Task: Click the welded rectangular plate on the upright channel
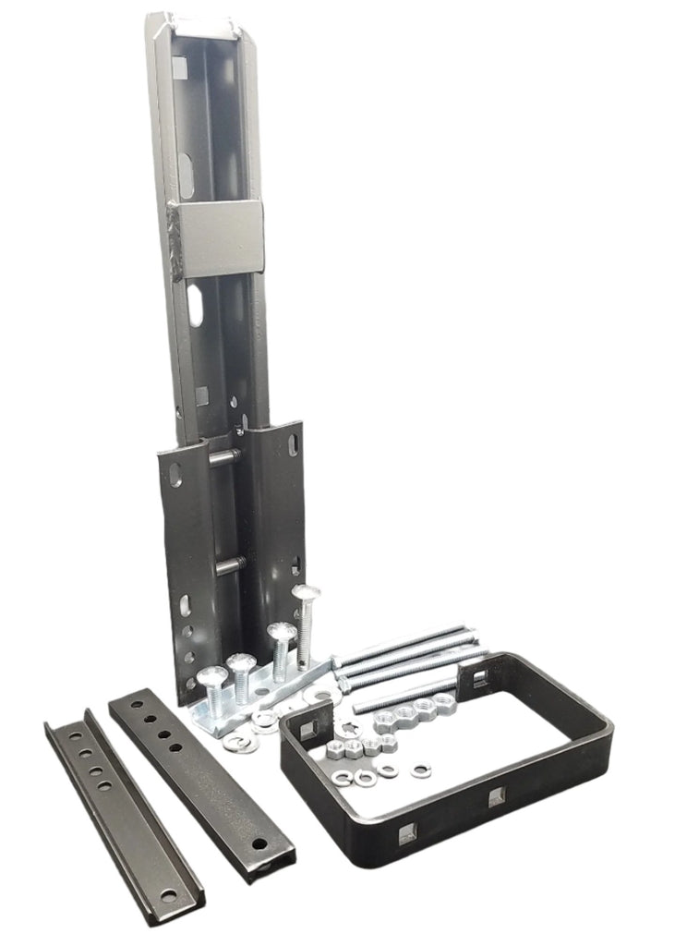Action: point(221,238)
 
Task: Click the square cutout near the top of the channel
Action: point(179,67)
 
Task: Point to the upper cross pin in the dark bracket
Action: point(225,456)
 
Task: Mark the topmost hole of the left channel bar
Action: point(71,730)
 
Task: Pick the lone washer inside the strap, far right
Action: point(423,769)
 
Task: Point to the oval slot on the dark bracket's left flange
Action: point(186,605)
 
